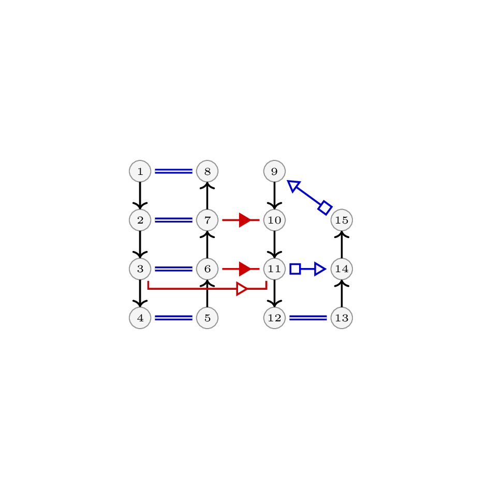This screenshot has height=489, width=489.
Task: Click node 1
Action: (x=140, y=171)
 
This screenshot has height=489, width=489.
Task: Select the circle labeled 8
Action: (x=208, y=171)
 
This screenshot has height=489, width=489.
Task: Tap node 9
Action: (x=274, y=171)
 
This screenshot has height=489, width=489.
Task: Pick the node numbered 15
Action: (x=342, y=220)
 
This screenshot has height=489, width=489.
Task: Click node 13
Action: (x=342, y=318)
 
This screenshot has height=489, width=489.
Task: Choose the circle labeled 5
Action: (x=208, y=318)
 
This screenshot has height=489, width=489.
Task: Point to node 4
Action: (x=140, y=318)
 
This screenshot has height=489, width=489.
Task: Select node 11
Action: (x=274, y=269)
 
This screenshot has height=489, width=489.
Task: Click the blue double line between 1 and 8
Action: (x=174, y=171)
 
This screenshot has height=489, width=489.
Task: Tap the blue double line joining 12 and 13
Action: (x=308, y=318)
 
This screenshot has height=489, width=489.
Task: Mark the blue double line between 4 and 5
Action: (x=174, y=318)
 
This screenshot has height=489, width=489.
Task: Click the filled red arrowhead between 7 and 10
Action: (x=245, y=220)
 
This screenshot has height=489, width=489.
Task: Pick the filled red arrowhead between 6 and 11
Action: (x=245, y=269)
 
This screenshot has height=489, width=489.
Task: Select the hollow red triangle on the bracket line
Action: (x=242, y=289)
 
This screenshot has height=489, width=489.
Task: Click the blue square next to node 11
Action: (x=295, y=269)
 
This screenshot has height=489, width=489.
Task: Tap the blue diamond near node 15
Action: (x=325, y=208)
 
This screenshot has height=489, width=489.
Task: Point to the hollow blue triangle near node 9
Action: (x=293, y=186)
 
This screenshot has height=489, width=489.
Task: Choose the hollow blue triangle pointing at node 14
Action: (x=320, y=269)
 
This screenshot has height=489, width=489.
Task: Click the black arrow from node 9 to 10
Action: (x=274, y=196)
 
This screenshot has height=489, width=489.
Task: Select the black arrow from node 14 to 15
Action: (x=342, y=244)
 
